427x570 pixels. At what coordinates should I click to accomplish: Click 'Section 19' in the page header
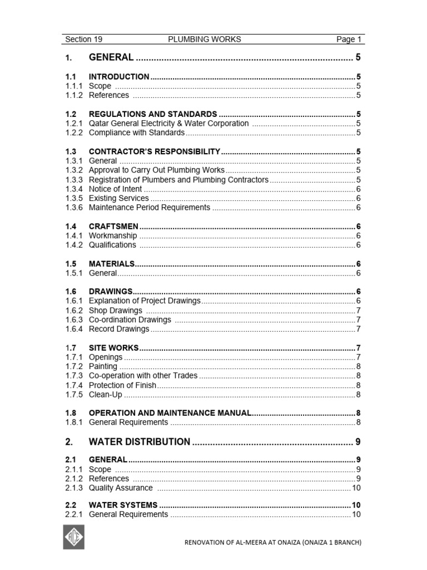pos(83,40)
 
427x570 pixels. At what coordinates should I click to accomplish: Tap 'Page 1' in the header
pos(349,40)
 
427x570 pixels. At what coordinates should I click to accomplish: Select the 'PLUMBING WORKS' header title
pos(205,40)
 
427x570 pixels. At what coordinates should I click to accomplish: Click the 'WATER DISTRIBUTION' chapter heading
pos(139,442)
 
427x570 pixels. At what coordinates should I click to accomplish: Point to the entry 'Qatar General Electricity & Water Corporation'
pos(168,124)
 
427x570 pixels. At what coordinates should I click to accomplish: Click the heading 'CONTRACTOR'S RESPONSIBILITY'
pos(155,151)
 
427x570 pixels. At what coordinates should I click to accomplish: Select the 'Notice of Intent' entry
pos(115,189)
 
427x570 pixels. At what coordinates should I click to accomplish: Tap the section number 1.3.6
pos(74,208)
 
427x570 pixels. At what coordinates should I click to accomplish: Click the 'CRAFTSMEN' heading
pos(113,227)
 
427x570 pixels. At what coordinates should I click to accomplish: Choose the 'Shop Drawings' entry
pos(115,311)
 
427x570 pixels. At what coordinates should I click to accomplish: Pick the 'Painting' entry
pos(103,366)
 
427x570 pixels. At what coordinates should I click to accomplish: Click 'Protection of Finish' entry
pos(122,385)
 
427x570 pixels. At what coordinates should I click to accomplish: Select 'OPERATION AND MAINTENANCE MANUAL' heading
pos(170,413)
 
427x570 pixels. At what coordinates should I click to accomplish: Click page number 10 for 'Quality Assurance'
pos(356,488)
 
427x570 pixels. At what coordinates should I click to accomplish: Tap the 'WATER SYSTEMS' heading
pos(123,505)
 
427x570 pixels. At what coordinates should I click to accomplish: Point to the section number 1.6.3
pos(74,320)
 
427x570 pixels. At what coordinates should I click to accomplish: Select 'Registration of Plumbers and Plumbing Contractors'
pos(178,180)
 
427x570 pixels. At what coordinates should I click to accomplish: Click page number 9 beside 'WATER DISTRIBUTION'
pos(358,442)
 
